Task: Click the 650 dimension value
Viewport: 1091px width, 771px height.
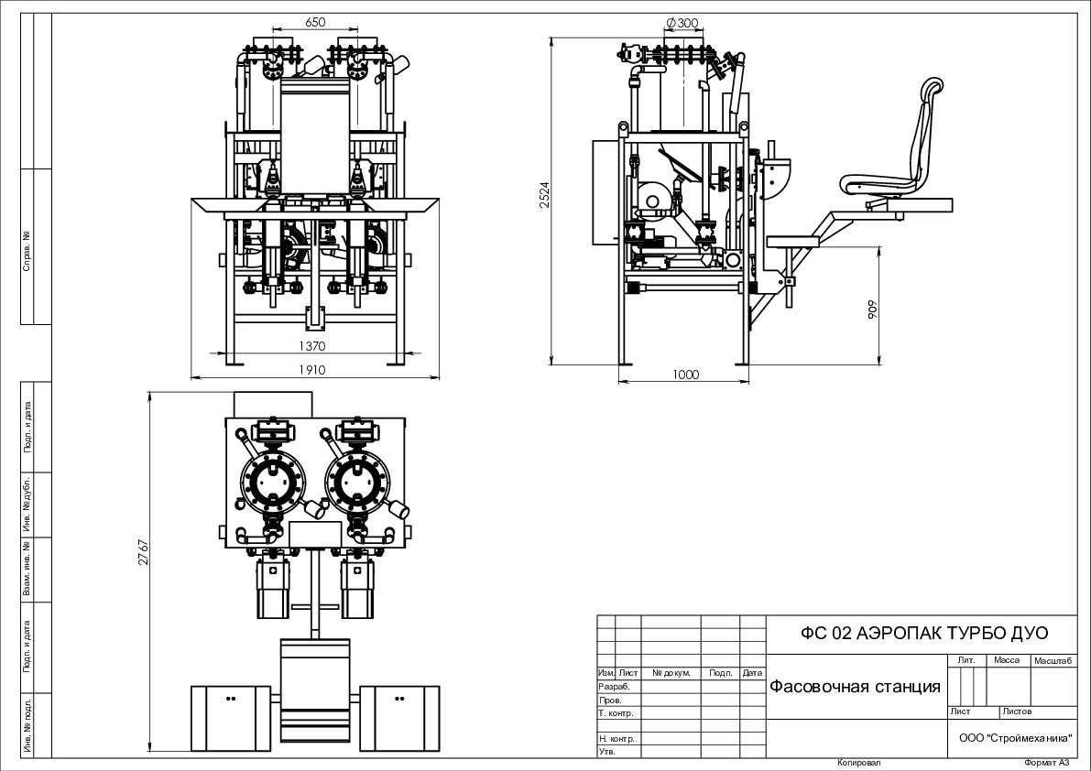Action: [x=314, y=22]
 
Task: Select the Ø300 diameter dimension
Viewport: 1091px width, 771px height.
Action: [x=682, y=23]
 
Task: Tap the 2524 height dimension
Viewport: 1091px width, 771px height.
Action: [x=545, y=195]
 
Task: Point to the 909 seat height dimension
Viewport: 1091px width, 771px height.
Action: [x=872, y=309]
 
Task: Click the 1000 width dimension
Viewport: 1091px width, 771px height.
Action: [x=685, y=375]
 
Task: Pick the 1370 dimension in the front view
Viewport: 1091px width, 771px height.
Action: [x=311, y=345]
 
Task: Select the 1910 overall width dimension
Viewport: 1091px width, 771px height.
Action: [x=311, y=370]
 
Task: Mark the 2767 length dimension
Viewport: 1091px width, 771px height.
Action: [x=143, y=552]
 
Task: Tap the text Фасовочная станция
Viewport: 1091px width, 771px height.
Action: [x=855, y=687]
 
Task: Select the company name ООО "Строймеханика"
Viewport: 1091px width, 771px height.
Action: [x=1015, y=738]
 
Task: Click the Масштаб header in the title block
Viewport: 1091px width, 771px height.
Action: [x=1054, y=660]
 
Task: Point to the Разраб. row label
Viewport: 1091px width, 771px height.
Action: [x=614, y=686]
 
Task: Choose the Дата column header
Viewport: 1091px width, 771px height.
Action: [x=752, y=673]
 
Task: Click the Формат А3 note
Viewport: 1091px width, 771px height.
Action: [x=1046, y=763]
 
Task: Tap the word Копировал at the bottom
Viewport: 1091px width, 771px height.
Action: [x=859, y=763]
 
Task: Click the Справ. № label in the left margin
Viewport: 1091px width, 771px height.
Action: [x=27, y=251]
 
